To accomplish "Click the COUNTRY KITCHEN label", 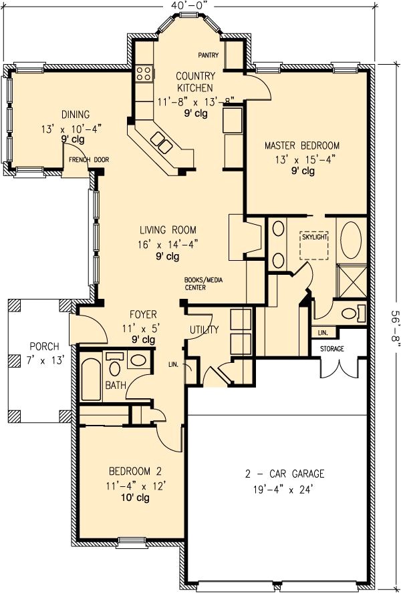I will [195, 81].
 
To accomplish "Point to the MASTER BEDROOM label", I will [301, 145].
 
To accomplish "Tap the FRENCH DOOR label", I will [92, 160].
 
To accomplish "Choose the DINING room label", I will [76, 114].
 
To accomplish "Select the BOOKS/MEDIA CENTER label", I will [201, 283].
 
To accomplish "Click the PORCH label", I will [44, 347].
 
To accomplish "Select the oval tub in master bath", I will [350, 240].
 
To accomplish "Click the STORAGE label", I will [331, 348].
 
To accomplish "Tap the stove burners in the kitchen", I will [142, 73].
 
